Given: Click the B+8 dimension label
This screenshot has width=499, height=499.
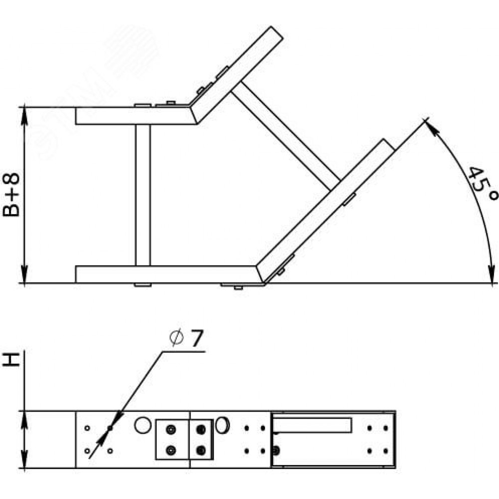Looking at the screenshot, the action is (x=11, y=195).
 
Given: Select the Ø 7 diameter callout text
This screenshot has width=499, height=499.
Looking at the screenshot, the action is (x=186, y=338).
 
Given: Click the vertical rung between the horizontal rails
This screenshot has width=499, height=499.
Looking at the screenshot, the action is (x=143, y=195).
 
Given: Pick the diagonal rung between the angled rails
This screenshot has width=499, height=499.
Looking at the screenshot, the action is (x=286, y=136).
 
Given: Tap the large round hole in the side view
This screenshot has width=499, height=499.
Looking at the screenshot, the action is (x=143, y=425).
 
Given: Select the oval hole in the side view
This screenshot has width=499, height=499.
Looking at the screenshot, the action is (x=222, y=425).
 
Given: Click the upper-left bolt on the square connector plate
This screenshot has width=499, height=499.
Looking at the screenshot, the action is (x=171, y=430).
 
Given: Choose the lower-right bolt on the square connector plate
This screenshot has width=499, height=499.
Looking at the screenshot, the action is (x=201, y=450).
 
